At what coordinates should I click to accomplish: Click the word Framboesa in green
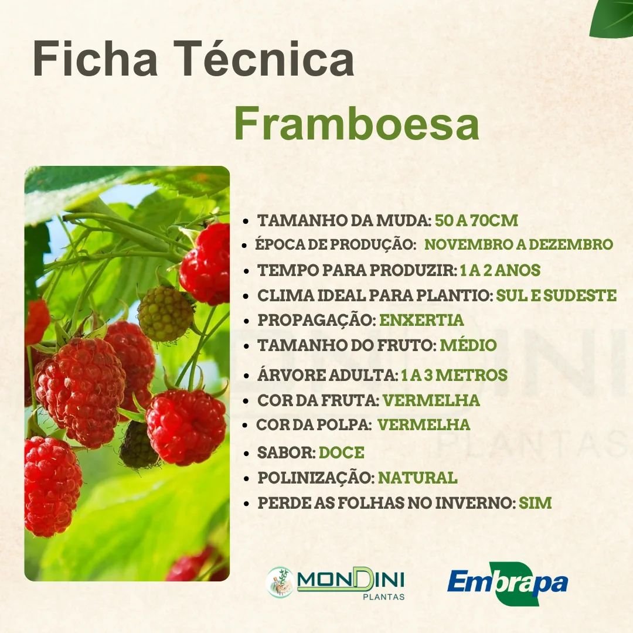pyautogui.click(x=356, y=124)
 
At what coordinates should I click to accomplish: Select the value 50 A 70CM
pyautogui.click(x=477, y=221)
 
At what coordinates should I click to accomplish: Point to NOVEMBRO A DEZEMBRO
pyautogui.click(x=518, y=244)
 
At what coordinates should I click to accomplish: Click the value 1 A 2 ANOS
pyautogui.click(x=500, y=270)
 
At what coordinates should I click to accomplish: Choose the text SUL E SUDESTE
pyautogui.click(x=556, y=295)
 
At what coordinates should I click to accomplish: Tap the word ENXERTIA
pyautogui.click(x=421, y=321)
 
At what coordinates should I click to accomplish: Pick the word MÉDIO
pyautogui.click(x=468, y=346)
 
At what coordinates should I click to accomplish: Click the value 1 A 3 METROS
pyautogui.click(x=454, y=375)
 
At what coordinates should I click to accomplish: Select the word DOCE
pyautogui.click(x=342, y=452)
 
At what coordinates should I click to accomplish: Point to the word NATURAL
pyautogui.click(x=417, y=478)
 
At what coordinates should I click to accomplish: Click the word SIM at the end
pyautogui.click(x=535, y=503)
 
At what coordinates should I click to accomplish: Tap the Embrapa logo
pyautogui.click(x=508, y=583)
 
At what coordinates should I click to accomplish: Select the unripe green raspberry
pyautogui.click(x=165, y=314)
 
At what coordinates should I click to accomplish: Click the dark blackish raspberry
pyautogui.click(x=138, y=445)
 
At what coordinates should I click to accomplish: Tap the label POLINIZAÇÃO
pyautogui.click(x=315, y=478)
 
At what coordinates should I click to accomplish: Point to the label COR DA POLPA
pyautogui.click(x=314, y=424)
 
